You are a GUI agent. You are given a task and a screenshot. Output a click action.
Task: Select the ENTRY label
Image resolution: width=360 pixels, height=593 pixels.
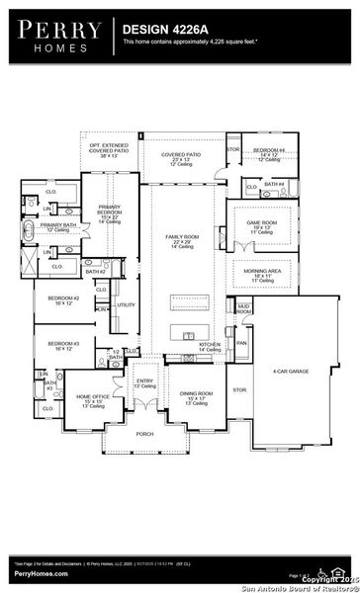tap(144, 381)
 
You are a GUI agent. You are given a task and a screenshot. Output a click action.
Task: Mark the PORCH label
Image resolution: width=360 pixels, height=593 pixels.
tap(144, 433)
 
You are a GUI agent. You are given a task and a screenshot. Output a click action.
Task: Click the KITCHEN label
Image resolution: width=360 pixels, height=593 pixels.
tap(208, 344)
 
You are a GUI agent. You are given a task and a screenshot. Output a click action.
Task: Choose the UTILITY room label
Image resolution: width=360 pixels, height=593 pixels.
tap(126, 305)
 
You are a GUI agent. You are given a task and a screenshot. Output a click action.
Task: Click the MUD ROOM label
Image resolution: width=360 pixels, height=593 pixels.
tap(243, 309)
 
